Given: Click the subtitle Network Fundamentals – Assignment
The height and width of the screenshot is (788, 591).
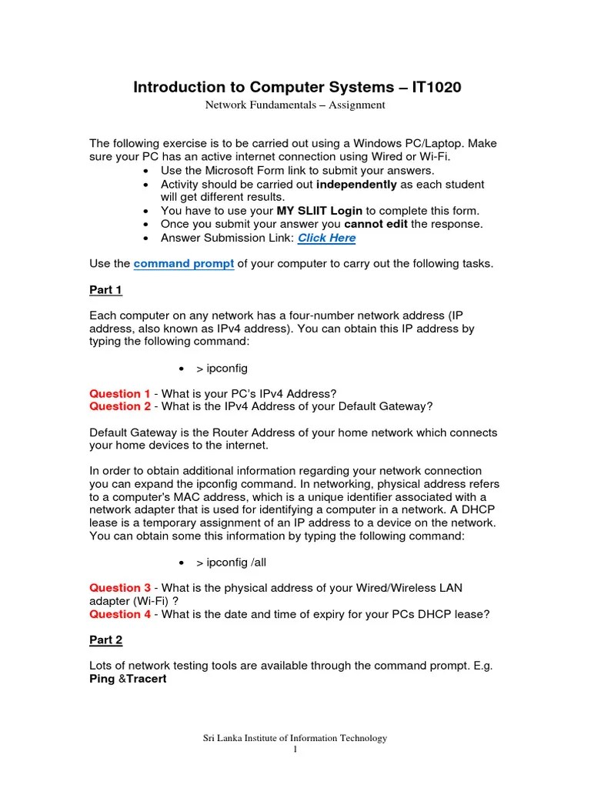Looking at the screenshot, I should pyautogui.click(x=295, y=105).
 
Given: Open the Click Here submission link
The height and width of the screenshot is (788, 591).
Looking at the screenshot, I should pyautogui.click(x=326, y=238).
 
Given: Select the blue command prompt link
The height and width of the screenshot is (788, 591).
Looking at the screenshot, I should pyautogui.click(x=184, y=263).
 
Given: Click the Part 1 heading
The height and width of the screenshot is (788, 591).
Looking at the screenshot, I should pyautogui.click(x=105, y=290).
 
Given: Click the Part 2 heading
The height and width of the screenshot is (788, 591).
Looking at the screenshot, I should pyautogui.click(x=105, y=639).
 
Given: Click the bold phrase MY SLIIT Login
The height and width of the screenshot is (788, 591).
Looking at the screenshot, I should pyautogui.click(x=319, y=210).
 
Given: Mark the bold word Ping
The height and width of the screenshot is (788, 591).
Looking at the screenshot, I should pyautogui.click(x=102, y=679).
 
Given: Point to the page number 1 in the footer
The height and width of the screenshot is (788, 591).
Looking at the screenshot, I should pyautogui.click(x=295, y=750).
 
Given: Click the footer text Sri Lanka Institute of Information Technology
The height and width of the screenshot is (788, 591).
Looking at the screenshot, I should pyautogui.click(x=295, y=738).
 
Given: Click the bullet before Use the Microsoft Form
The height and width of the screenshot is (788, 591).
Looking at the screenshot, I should pyautogui.click(x=145, y=171).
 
